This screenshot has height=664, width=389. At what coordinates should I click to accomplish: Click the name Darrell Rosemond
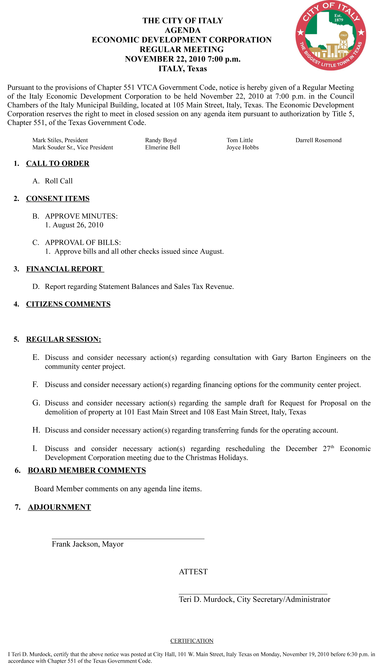[x=318, y=140]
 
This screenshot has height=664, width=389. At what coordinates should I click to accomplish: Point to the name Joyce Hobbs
[x=242, y=147]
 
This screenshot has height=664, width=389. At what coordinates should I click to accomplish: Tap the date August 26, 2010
[x=78, y=225]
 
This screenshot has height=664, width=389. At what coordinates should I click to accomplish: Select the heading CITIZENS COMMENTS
[x=68, y=304]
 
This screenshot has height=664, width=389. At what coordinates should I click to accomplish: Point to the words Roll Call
[x=59, y=181]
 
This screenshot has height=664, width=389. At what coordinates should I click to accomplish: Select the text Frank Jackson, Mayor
[x=88, y=544]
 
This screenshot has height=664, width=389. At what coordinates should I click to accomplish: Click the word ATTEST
[x=193, y=572]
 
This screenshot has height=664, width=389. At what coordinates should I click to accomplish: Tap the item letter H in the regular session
[x=36, y=430]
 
